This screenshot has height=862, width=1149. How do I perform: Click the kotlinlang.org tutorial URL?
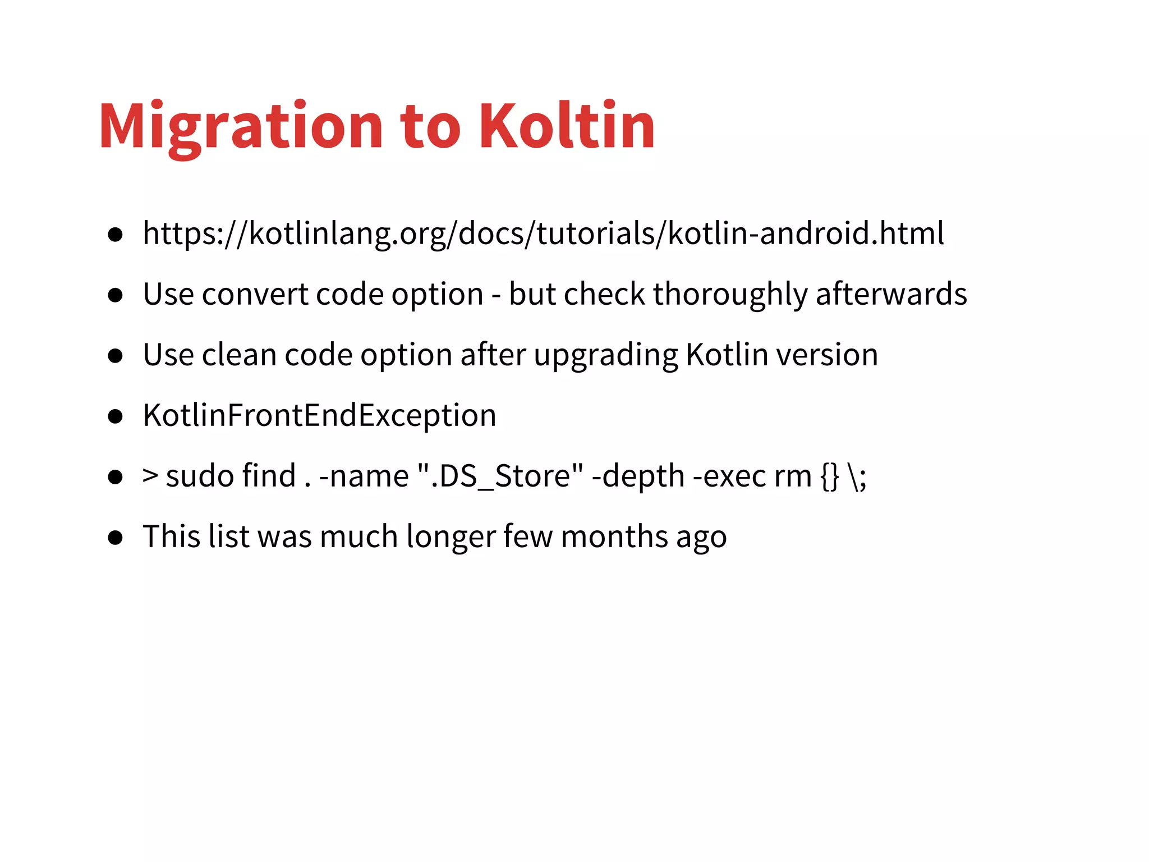pos(543,233)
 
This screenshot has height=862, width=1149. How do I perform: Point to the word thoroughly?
pos(730,295)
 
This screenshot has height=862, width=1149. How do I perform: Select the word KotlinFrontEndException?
pos(320,416)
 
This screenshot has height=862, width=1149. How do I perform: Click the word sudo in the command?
pos(200,476)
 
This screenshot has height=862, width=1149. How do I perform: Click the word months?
pos(614,537)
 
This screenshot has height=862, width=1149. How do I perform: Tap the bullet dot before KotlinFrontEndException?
pos(116,416)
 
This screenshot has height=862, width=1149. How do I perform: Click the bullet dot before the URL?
pos(116,235)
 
